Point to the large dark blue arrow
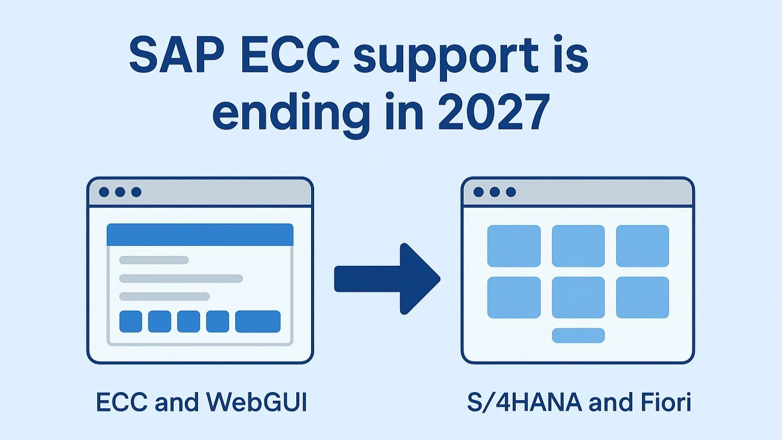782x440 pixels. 387,279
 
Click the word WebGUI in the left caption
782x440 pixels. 257,402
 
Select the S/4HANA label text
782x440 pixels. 524,402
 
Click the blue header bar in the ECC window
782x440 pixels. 200,235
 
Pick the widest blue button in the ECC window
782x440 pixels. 258,321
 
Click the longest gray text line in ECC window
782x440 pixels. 181,279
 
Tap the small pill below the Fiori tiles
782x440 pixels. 578,335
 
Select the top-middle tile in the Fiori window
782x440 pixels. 578,246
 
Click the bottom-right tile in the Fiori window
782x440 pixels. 643,297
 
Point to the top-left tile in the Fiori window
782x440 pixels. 514,246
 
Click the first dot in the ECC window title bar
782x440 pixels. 104,192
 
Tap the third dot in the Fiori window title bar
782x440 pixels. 511,192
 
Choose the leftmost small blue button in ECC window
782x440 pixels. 130,321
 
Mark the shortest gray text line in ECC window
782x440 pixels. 154,260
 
